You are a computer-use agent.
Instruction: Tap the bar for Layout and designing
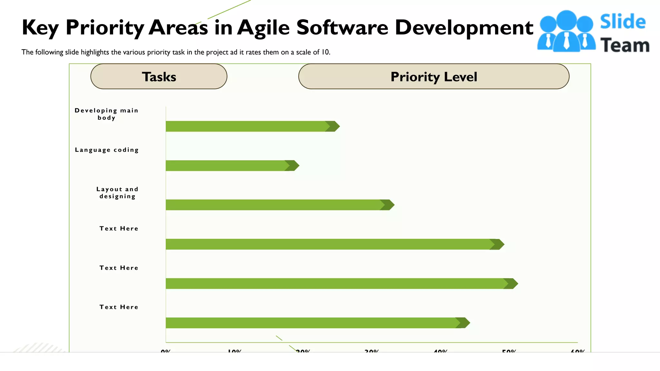274,205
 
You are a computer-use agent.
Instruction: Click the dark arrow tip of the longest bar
511,283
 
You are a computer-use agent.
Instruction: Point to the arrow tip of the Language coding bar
293,166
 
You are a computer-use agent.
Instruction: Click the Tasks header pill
159,77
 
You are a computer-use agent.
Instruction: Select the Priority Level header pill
433,77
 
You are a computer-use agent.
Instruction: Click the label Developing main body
106,114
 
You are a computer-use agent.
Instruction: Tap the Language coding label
107,150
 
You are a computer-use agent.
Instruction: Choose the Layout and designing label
117,193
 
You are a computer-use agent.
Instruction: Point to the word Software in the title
342,27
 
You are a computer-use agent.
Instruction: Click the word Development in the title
464,28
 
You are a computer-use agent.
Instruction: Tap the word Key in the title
40,28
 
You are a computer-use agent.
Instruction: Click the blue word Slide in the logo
623,22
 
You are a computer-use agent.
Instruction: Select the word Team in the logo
625,45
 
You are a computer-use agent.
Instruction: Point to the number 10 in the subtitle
325,52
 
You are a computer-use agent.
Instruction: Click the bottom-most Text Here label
119,307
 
